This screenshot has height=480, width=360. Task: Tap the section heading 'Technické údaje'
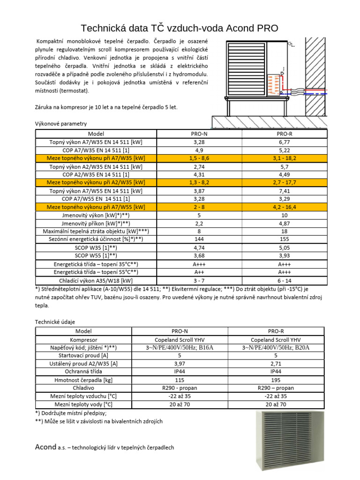(x=55, y=322)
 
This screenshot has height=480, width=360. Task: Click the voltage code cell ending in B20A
(x=276, y=347)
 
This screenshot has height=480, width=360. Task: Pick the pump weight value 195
(x=276, y=380)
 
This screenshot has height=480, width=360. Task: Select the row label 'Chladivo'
(x=83, y=388)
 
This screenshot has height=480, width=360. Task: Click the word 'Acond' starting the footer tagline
(x=45, y=447)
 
